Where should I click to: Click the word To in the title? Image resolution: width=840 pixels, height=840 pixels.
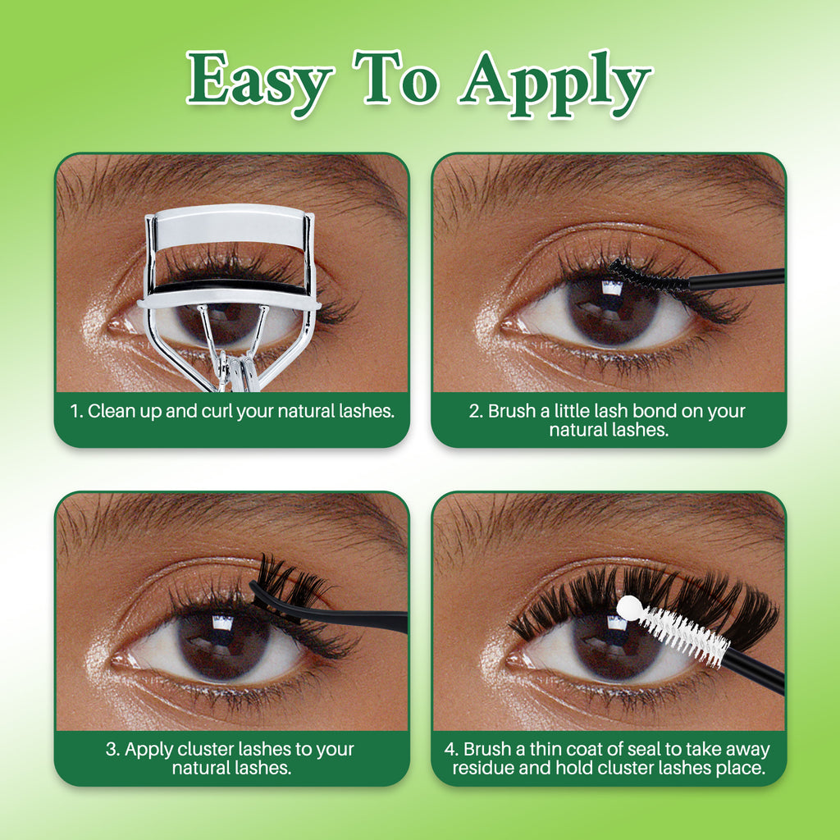tap(396, 78)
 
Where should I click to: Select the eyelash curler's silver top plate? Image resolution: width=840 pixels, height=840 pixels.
tap(231, 226)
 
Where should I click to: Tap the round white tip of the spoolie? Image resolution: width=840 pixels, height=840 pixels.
tap(628, 607)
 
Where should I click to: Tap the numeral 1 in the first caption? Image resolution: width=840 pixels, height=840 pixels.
tap(75, 411)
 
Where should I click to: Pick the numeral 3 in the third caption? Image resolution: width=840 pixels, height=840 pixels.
tap(112, 749)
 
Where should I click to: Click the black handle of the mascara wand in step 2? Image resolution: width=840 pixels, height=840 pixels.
tap(737, 278)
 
